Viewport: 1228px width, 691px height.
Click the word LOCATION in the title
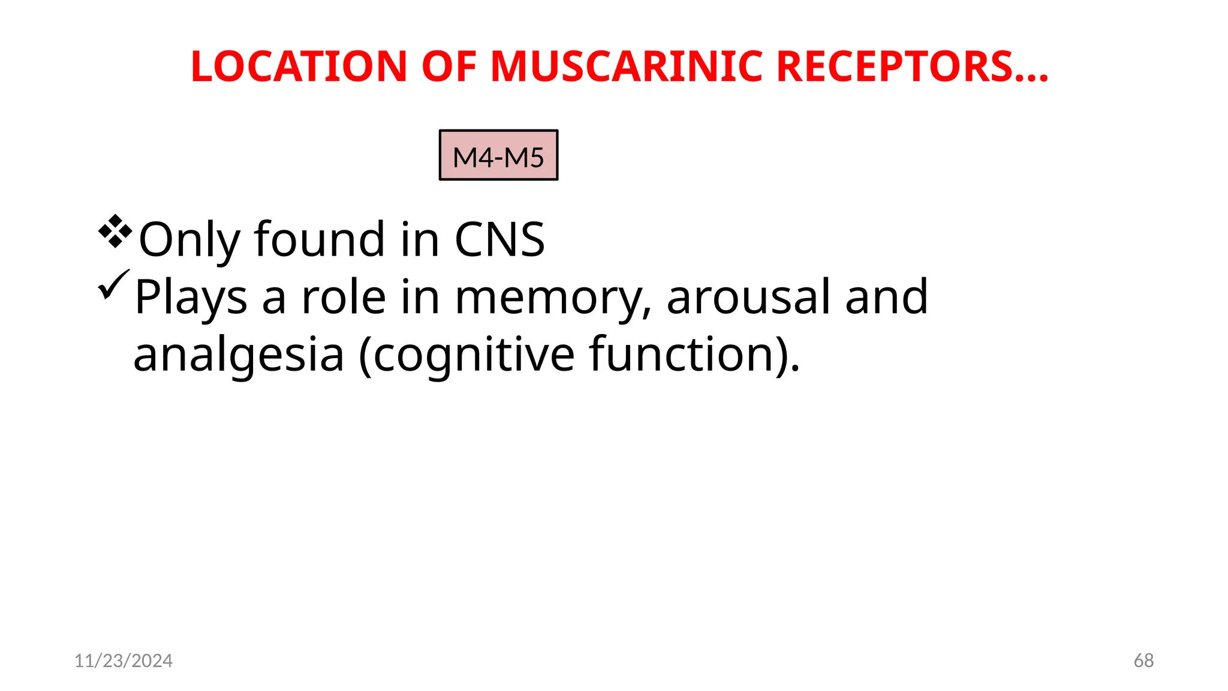299,66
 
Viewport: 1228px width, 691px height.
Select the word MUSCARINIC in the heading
626,66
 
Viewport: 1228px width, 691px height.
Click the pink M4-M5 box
498,155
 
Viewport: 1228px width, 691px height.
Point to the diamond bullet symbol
115,231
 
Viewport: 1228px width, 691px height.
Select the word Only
189,240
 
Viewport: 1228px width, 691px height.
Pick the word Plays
191,297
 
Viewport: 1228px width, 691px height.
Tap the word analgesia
239,354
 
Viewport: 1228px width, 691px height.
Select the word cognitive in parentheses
474,354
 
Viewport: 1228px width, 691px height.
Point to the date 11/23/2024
124,661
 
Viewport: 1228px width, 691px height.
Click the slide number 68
1143,661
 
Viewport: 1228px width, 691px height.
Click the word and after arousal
886,297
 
